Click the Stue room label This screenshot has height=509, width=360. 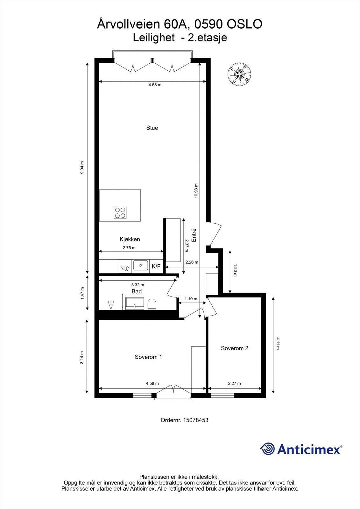click(x=152, y=128)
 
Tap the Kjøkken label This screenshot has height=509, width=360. click(x=130, y=239)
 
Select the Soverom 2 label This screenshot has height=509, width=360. click(x=234, y=348)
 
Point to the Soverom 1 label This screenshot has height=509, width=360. click(x=148, y=357)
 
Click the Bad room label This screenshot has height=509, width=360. click(x=137, y=291)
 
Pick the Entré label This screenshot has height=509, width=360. click(x=194, y=236)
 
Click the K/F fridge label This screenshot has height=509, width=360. click(x=156, y=267)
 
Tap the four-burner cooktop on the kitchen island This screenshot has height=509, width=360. click(x=121, y=213)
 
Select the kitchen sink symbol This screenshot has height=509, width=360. click(x=140, y=265)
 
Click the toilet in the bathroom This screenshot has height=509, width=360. click(x=152, y=304)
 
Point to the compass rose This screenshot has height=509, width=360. click(x=239, y=74)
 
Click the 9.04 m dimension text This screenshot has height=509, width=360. click(x=82, y=167)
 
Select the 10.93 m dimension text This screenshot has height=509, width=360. click(x=196, y=191)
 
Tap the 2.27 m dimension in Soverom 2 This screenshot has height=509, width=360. click(x=234, y=383)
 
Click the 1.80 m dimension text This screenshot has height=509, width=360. click(x=235, y=270)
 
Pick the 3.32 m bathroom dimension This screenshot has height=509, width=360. click(x=138, y=285)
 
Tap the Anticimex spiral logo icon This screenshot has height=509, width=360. click(x=268, y=449)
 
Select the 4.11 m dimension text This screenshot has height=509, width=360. click(x=278, y=343)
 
